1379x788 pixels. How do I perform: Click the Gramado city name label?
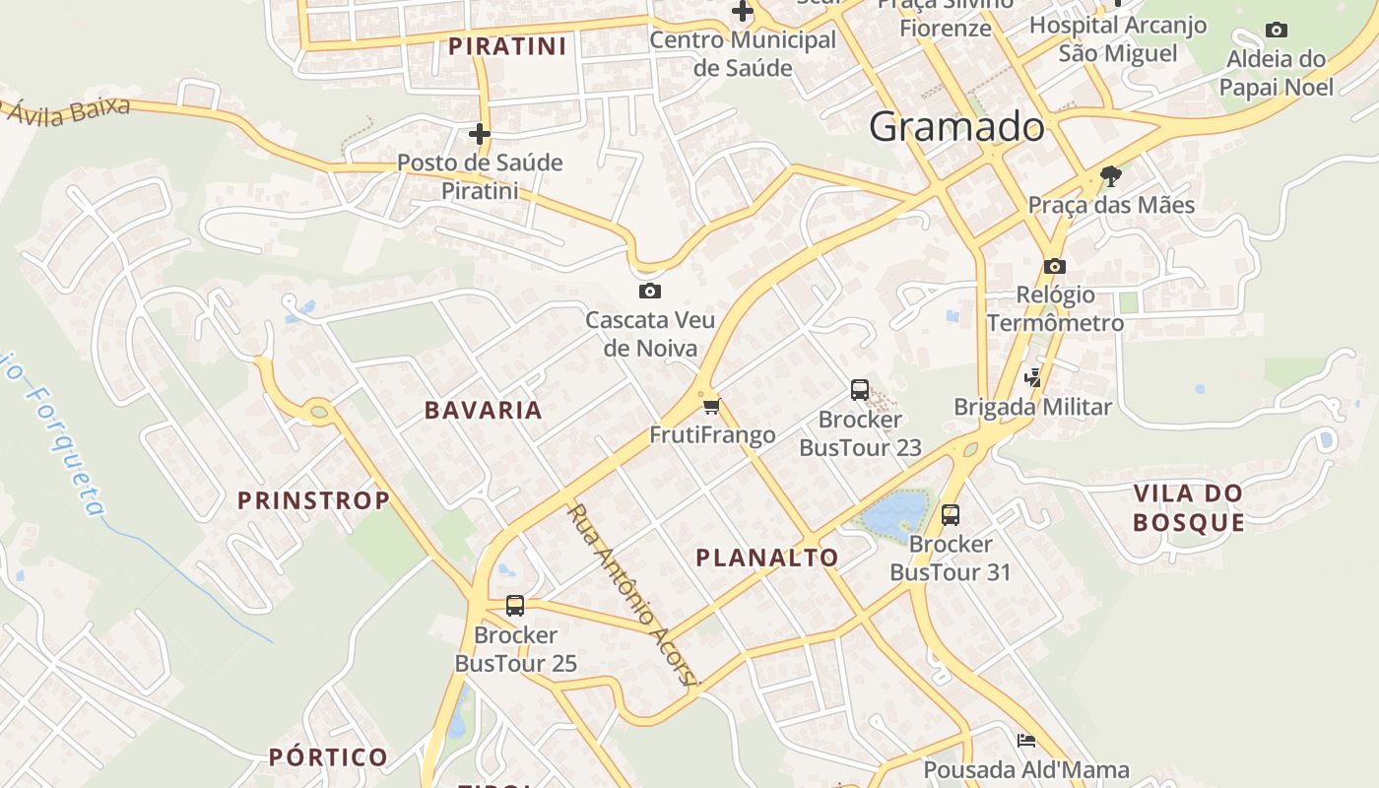956,127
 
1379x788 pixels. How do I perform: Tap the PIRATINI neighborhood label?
507,46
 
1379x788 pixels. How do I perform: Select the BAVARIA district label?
484,411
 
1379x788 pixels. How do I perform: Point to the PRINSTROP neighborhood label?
314,500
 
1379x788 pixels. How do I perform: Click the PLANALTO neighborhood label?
767,558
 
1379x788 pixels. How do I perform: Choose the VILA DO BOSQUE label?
1188,507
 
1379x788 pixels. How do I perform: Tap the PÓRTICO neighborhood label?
329,757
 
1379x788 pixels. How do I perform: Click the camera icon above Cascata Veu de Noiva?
650,291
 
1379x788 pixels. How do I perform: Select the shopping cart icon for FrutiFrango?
712,406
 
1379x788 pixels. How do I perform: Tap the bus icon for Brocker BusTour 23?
860,390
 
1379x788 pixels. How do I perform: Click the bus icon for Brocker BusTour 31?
951,514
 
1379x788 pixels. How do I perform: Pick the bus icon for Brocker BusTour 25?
515,606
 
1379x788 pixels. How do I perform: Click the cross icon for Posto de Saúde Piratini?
480,133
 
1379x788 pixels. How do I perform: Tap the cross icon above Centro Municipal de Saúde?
743,12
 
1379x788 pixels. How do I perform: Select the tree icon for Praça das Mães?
1111,176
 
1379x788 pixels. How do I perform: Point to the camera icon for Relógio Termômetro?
1055,266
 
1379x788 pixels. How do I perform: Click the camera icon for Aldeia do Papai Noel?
1277,30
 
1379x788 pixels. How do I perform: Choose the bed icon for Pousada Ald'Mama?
1026,741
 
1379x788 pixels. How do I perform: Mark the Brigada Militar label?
1032,407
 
